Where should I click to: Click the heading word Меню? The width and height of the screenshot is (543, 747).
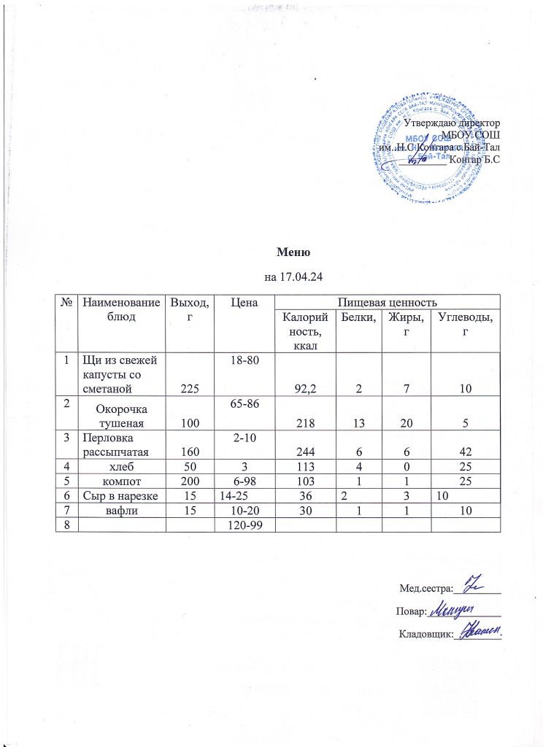click(x=294, y=253)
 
